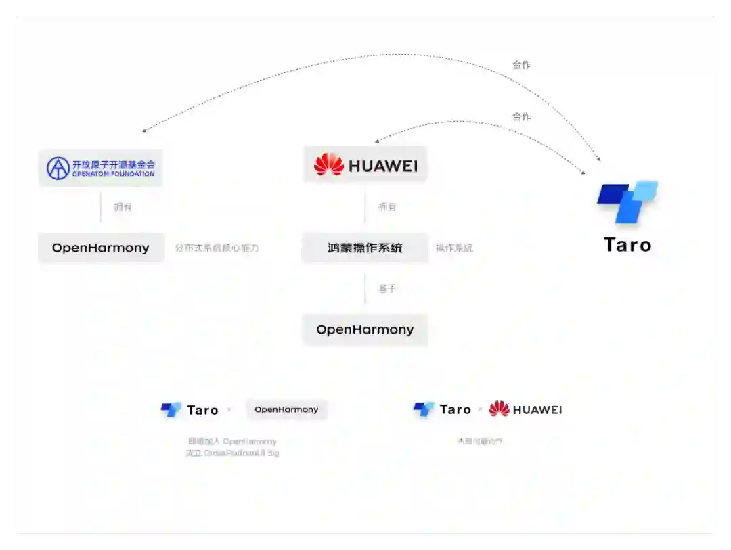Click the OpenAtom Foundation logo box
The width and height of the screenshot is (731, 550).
point(101,168)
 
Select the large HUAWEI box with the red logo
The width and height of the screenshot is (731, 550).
point(365,164)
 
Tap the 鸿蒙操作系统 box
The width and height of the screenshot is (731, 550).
point(365,248)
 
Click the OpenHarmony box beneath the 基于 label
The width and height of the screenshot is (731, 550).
point(365,329)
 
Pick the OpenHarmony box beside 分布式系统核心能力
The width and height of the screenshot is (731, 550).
point(101,248)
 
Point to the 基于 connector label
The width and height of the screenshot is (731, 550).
point(387,289)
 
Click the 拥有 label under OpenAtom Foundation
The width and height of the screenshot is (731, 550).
point(123,207)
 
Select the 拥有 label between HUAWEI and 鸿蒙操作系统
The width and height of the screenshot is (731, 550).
point(387,207)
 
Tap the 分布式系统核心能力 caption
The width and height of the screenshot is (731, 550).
point(217,248)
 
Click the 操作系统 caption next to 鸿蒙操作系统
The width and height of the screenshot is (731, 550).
point(454,248)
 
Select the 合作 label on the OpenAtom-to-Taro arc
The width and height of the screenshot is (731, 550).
point(521,65)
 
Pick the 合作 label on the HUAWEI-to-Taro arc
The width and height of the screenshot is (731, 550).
point(521,117)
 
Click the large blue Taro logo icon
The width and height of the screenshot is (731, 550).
point(627,201)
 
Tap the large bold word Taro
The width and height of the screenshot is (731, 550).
point(627,245)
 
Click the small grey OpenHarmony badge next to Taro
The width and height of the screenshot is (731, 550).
point(286,410)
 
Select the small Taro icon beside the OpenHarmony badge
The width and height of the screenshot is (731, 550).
point(171,410)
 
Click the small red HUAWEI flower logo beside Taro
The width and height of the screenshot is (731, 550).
point(499,409)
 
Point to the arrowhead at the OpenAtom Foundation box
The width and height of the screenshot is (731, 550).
point(144,131)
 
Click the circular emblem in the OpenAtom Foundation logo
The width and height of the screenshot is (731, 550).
point(58,168)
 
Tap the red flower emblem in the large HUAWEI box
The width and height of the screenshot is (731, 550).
point(329,164)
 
